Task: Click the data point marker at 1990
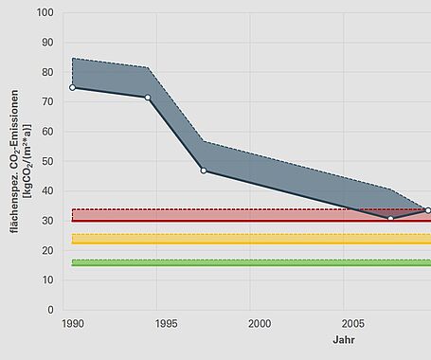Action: point(72,87)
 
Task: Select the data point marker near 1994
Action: point(148,97)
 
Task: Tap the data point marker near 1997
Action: point(203,171)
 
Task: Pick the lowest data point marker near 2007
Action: point(390,218)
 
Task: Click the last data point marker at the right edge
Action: point(428,210)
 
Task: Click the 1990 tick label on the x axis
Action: point(72,324)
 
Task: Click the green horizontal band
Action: point(246,262)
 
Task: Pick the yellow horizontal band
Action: point(246,239)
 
